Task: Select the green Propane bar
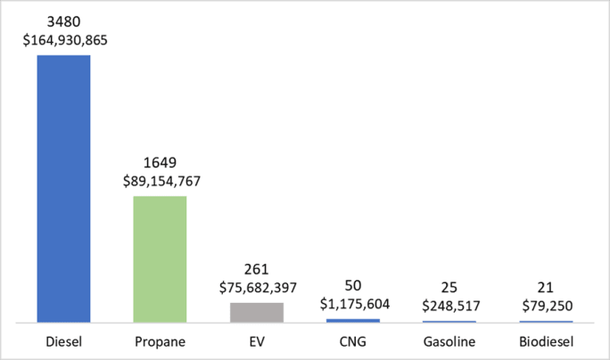[160, 258]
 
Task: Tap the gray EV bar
[257, 312]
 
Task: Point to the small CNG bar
[354, 320]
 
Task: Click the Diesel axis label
[63, 340]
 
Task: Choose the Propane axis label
[160, 340]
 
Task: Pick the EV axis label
[257, 340]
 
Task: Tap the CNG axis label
[354, 340]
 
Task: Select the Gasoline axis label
[450, 340]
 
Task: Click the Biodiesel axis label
[548, 340]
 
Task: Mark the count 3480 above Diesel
[63, 20]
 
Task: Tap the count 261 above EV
[257, 268]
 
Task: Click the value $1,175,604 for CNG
[354, 303]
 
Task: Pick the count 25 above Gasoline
[450, 286]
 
